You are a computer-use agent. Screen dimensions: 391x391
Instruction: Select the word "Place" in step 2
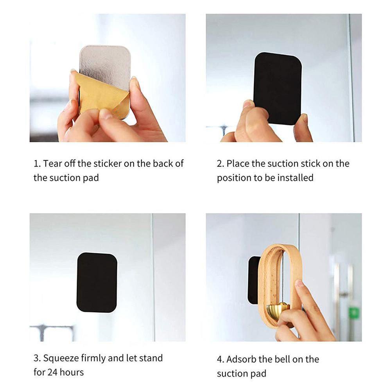tap(238, 163)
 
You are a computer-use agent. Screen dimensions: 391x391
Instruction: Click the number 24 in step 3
tap(52, 372)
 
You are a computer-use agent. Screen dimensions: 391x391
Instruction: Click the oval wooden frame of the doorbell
tap(264, 287)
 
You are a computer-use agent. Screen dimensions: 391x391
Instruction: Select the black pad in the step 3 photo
tap(97, 282)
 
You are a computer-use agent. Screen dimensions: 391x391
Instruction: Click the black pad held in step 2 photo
tap(278, 87)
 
